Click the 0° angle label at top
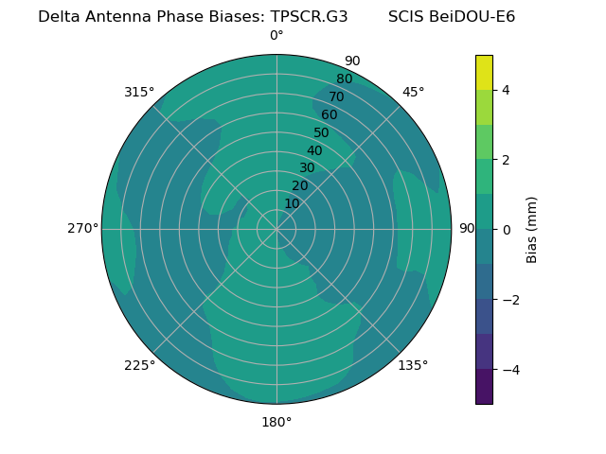point(276,36)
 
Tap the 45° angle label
point(413,92)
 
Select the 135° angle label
point(413,365)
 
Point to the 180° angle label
point(276,422)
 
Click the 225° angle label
point(139,365)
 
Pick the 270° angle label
point(83,228)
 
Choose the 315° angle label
point(139,92)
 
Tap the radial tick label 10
point(292,203)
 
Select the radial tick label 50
point(322,132)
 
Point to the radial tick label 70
point(336,96)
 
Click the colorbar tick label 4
point(506,90)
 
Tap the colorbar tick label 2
point(506,160)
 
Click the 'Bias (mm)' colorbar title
point(532,230)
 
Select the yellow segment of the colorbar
point(484,72)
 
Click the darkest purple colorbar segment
point(484,387)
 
